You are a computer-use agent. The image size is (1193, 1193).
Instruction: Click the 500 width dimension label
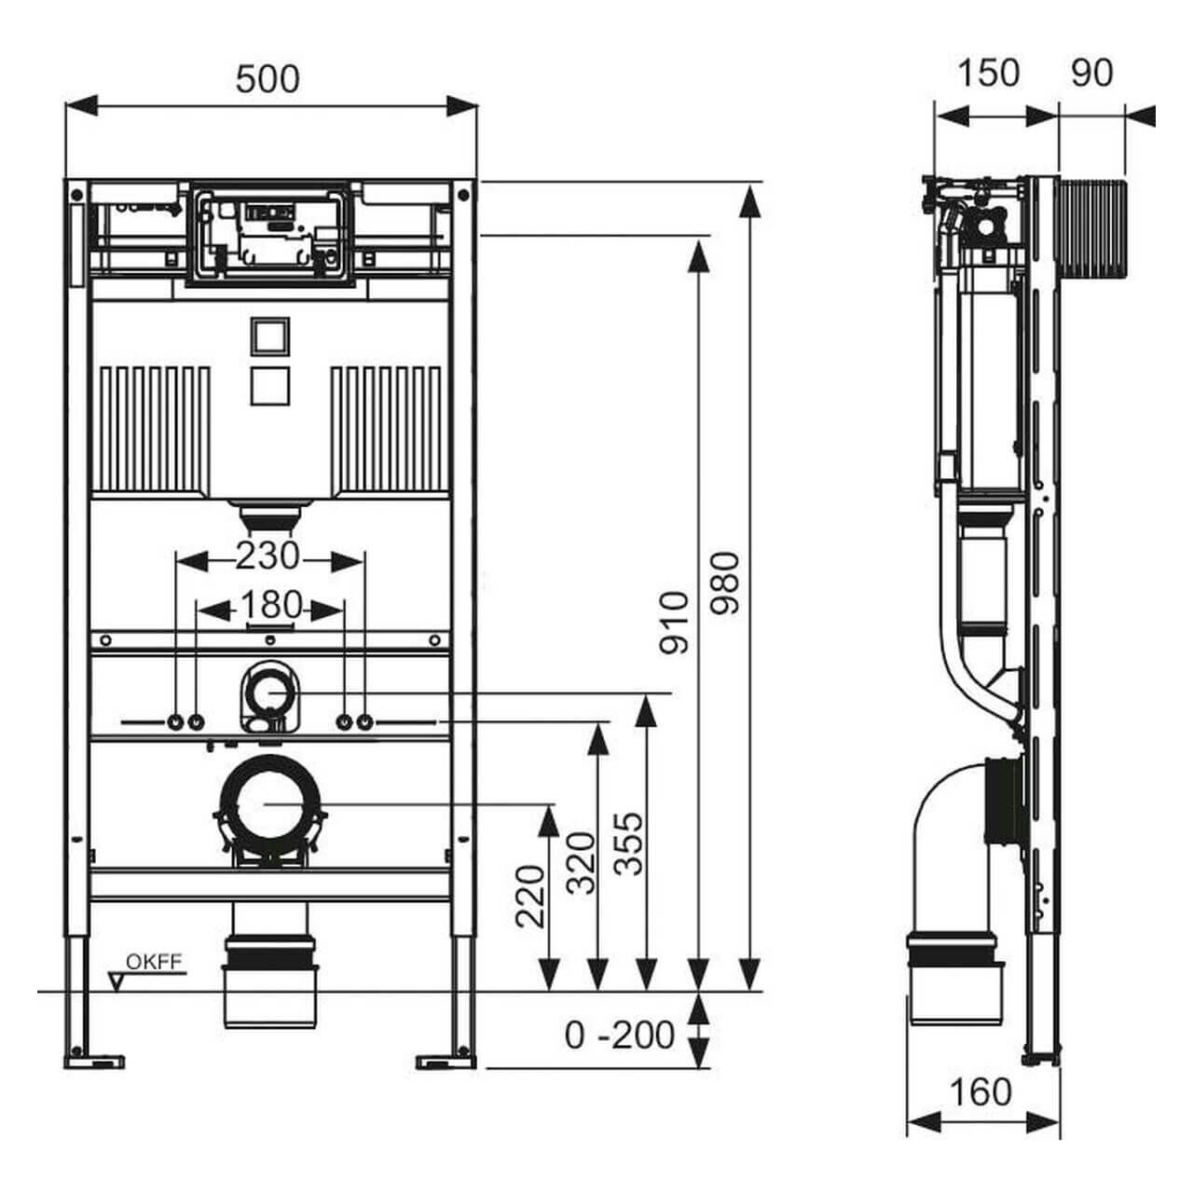point(267,79)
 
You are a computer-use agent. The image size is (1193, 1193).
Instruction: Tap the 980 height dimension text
point(725,583)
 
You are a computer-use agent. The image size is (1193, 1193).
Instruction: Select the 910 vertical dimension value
point(674,622)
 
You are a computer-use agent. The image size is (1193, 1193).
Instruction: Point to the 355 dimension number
point(630,843)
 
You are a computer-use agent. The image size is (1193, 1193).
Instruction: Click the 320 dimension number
point(582,862)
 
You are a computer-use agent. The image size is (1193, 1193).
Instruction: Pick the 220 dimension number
point(530,897)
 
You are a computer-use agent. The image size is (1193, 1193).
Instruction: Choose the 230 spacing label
point(267,556)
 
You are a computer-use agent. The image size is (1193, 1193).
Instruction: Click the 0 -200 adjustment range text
point(620,1035)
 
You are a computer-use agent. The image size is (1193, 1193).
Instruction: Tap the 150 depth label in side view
point(988,74)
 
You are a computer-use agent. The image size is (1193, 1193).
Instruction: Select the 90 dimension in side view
point(1091,74)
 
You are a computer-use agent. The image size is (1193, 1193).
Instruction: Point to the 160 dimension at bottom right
point(980,1091)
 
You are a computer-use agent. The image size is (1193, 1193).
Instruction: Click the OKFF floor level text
point(155,963)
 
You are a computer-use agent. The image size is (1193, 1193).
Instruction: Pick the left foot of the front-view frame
point(93,1060)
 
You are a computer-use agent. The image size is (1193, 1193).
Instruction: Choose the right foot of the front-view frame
point(446,1060)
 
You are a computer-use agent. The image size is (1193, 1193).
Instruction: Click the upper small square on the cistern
point(270,336)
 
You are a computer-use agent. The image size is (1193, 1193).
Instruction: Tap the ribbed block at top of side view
point(1093,229)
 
